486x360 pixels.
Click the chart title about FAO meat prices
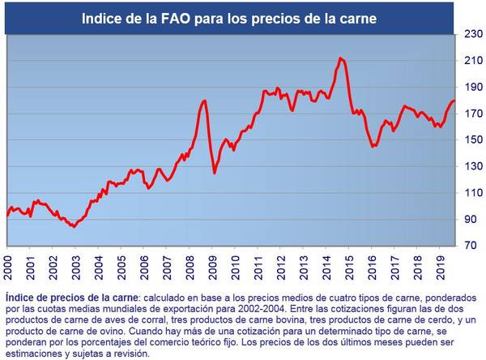coord(229,17)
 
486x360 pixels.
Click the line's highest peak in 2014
coord(340,58)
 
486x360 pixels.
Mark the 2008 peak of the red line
coord(205,101)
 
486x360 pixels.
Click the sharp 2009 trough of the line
coord(215,173)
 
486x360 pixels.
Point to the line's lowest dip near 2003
coord(74,226)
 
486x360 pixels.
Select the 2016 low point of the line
coord(373,147)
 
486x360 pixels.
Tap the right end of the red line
coord(454,101)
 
